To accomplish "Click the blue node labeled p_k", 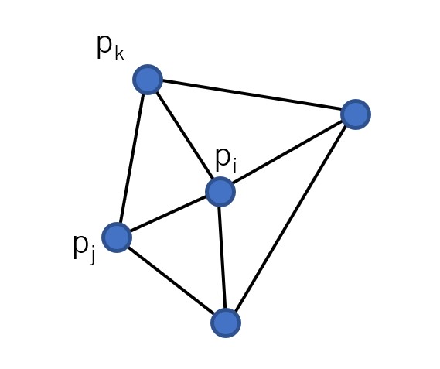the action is (148, 80).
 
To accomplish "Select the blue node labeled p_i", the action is (220, 192).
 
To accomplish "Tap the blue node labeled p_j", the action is (117, 237).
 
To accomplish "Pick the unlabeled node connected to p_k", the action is (356, 114).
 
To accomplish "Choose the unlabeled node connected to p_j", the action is (226, 323).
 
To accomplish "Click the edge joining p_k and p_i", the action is (184, 136).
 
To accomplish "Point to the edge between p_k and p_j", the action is (132, 159).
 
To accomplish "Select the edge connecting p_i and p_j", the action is (169, 214).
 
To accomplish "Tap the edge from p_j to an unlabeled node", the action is (171, 280).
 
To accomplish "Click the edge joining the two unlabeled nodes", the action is (291, 219).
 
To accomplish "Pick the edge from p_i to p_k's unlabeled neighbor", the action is (288, 153).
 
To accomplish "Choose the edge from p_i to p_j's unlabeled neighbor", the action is (223, 258).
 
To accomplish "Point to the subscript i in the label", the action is (234, 166).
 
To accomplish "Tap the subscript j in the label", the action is (92, 255).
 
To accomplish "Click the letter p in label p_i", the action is (223, 159).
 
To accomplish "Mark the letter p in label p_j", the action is (80, 247).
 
